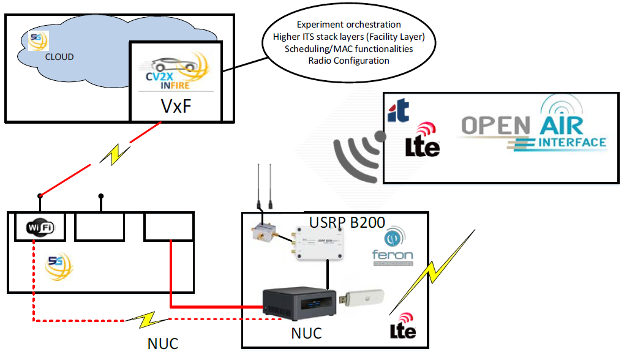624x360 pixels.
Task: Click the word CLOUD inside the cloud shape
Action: coord(59,57)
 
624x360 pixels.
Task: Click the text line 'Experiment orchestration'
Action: coord(349,24)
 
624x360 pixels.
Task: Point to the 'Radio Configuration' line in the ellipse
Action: coord(348,61)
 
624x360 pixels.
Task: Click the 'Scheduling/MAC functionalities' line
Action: coord(349,48)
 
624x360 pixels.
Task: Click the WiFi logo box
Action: coord(40,228)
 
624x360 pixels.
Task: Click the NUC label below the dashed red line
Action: coord(163,343)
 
